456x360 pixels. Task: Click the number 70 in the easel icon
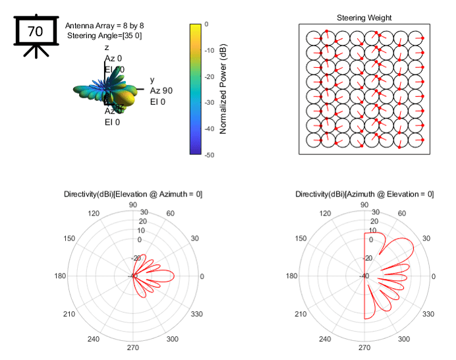pos(35,31)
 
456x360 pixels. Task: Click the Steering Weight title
pos(364,18)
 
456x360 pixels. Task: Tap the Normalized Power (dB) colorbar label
pos(223,89)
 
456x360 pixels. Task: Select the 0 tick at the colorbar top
pos(207,24)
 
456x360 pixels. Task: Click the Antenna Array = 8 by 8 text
pos(104,25)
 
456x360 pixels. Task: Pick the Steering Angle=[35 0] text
pos(104,35)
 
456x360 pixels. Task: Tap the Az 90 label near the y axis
pos(161,90)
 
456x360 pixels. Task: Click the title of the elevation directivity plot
pos(133,194)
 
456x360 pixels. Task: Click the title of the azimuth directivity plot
pos(364,194)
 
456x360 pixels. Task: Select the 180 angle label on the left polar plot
pos(61,276)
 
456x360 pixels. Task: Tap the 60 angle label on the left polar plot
pos(171,214)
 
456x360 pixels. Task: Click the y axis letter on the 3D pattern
pos(152,80)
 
